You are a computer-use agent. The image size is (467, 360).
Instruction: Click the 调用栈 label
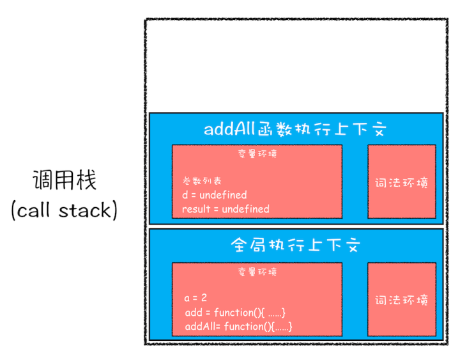(x=64, y=180)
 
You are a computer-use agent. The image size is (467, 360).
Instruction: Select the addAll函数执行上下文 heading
(x=295, y=129)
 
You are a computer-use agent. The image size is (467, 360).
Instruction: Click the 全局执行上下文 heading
(x=295, y=245)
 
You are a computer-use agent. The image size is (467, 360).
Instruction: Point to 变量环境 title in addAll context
(x=257, y=154)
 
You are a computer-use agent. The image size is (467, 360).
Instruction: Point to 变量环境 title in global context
(x=257, y=272)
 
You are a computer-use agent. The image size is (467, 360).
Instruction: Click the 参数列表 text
(x=202, y=181)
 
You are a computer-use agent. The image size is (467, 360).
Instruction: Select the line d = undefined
(x=214, y=194)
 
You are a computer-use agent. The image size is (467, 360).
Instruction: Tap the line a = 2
(x=195, y=298)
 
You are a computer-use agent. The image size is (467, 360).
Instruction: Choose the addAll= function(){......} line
(x=238, y=326)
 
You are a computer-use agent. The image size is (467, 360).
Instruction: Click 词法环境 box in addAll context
(x=401, y=182)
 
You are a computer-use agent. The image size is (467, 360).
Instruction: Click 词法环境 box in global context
(x=401, y=300)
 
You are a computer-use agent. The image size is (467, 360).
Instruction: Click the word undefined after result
(x=245, y=208)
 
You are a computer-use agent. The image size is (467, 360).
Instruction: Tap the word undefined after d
(x=223, y=194)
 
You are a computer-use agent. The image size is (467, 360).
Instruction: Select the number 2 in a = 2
(x=204, y=298)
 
